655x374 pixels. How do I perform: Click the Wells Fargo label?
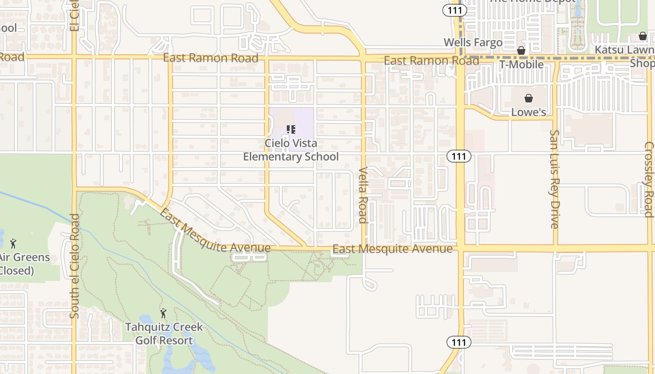[473, 43]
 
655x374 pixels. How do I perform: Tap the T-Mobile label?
[521, 65]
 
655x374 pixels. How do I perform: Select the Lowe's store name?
[528, 112]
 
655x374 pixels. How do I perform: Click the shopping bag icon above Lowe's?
[528, 98]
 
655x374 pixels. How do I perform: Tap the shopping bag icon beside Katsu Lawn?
[643, 36]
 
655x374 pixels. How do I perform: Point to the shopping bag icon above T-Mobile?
[521, 50]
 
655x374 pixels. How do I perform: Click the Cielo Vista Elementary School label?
[291, 150]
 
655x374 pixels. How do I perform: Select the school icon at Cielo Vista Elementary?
[291, 129]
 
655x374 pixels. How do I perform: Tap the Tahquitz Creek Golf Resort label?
[164, 333]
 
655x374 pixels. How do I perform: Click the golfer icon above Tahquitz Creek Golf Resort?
[163, 313]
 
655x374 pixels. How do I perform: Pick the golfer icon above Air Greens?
[13, 244]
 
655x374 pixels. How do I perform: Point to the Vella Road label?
[363, 194]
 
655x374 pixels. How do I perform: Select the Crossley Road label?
[648, 180]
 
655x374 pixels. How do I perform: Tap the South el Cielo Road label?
[74, 266]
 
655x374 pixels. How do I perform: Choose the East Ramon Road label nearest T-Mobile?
[431, 61]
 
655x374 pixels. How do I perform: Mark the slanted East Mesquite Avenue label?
[215, 232]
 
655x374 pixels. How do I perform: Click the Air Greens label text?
[24, 258]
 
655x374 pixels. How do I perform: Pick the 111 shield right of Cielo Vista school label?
[458, 156]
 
